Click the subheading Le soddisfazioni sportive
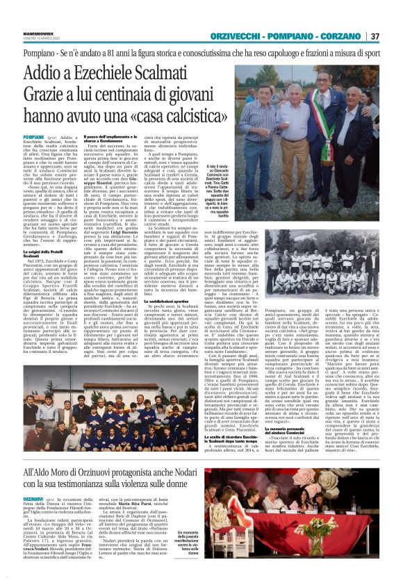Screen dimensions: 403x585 click(x=181, y=301)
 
